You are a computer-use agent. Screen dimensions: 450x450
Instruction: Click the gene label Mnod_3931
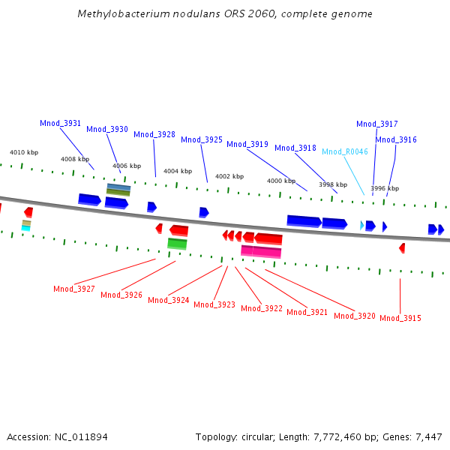61,123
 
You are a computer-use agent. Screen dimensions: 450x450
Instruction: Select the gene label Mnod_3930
107,129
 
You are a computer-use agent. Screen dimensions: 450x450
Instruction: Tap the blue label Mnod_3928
154,135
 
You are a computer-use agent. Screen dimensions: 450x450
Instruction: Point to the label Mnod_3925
202,139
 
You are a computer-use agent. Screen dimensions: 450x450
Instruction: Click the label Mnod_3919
247,144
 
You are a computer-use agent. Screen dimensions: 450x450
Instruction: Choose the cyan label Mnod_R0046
345,151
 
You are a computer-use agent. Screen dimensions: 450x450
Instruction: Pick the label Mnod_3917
377,124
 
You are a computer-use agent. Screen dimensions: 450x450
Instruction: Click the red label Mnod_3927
74,289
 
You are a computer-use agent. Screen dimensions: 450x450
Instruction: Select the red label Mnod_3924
169,300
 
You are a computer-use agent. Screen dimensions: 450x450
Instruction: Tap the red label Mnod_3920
355,316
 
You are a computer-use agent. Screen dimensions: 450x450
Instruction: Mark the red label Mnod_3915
400,318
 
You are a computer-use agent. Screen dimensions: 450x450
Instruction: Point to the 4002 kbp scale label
229,176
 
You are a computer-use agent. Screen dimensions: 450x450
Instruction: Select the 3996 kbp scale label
385,188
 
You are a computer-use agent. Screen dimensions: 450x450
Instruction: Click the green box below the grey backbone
177,244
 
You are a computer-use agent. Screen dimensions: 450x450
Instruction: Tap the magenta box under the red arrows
261,251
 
